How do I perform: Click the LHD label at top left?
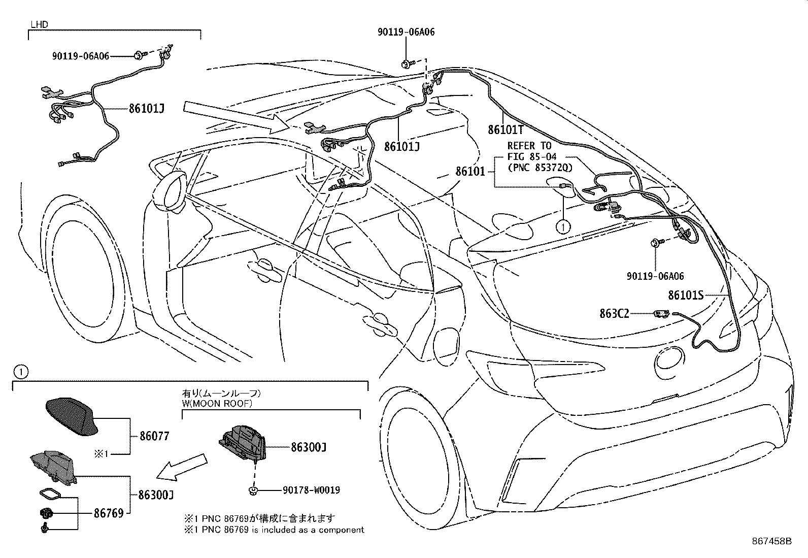39,24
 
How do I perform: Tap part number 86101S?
685,295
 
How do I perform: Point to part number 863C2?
614,314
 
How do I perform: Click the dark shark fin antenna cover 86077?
72,415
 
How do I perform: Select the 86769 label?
108,513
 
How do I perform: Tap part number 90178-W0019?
311,490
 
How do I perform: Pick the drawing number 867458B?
771,541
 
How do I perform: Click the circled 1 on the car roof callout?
563,226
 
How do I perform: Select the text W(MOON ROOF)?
217,404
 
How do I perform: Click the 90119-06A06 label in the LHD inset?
81,56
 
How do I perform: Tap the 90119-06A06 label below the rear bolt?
655,276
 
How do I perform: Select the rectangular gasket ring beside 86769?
49,495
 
